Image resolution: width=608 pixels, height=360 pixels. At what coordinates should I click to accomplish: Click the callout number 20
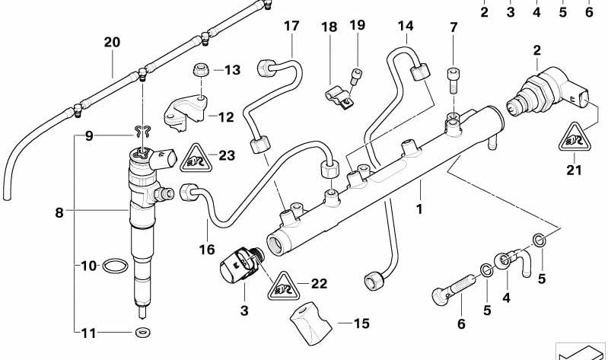[x=112, y=43]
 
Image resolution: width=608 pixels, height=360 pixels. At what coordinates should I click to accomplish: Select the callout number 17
[x=292, y=27]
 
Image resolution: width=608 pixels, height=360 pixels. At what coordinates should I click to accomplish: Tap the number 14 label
[x=405, y=27]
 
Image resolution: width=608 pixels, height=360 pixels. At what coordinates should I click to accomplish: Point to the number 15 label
[x=361, y=323]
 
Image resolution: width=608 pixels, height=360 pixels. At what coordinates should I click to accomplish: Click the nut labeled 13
[x=200, y=70]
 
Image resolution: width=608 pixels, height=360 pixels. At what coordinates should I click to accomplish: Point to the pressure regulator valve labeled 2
[x=542, y=95]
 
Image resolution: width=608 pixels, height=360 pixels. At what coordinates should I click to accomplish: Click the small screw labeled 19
[x=354, y=75]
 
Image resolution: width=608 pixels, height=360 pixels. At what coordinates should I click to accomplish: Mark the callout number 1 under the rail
[x=417, y=207]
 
